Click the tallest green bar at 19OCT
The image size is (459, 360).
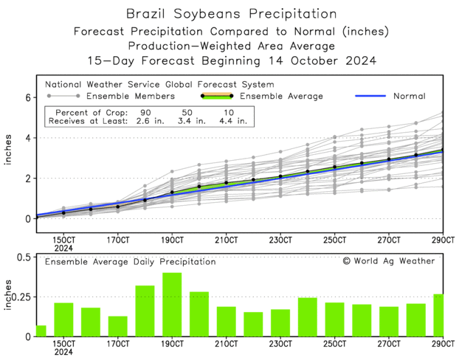(172, 305)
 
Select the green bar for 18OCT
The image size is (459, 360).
(145, 311)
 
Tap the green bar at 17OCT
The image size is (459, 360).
(117, 326)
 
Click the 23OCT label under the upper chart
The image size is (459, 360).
(280, 240)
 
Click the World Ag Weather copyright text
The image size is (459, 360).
(388, 260)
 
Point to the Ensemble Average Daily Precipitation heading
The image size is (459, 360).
(130, 261)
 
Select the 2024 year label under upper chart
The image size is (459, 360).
(63, 249)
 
